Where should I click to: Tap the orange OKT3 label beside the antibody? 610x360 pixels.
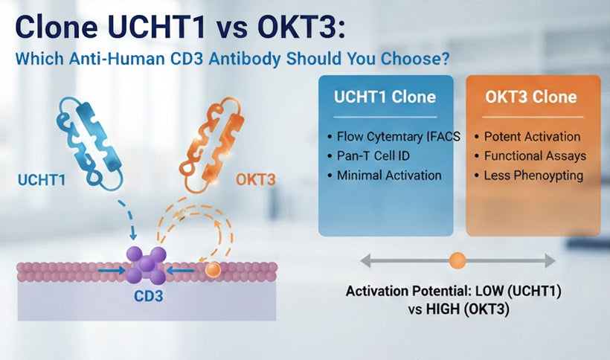click(x=256, y=179)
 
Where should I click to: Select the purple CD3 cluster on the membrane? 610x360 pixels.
click(x=146, y=266)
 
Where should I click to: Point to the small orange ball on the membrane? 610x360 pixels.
click(x=213, y=271)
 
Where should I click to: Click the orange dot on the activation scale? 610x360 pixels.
click(x=457, y=260)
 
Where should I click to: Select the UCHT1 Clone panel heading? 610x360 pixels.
click(x=385, y=97)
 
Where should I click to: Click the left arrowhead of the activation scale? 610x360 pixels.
click(x=365, y=260)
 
